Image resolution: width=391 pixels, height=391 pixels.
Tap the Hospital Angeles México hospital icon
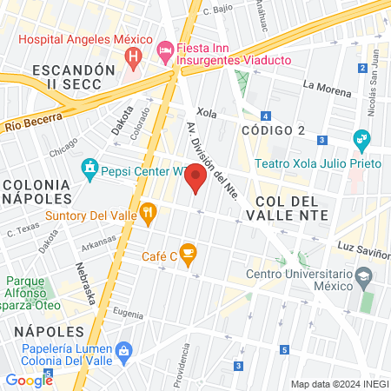click(133, 58)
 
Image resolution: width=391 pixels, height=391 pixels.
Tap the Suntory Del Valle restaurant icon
click(149, 211)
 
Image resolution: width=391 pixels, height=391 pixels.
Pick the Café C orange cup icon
click(189, 254)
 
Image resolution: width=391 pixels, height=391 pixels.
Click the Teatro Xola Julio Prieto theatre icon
click(361, 139)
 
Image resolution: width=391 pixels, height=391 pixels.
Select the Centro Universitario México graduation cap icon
click(363, 276)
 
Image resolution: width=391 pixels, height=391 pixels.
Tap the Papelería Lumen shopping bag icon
click(123, 349)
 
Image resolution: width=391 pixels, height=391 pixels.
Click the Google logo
click(29, 380)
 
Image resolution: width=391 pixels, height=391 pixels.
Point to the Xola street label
click(206, 113)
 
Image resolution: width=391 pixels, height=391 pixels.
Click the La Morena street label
click(325, 85)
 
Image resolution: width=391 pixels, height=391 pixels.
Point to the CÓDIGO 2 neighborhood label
click(273, 130)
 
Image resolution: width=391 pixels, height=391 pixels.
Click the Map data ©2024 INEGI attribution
click(339, 384)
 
